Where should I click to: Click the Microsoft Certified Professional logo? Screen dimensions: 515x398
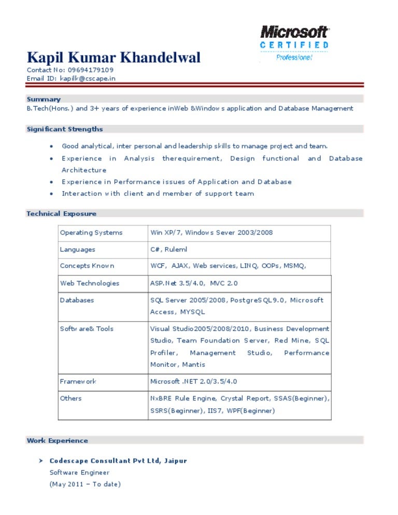click(x=294, y=44)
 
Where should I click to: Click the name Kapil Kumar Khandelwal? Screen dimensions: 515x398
click(x=113, y=58)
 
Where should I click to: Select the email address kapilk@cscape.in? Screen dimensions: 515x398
click(x=88, y=78)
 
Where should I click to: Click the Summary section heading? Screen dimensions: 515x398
click(x=44, y=99)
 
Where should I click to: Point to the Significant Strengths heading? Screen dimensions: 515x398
click(x=65, y=129)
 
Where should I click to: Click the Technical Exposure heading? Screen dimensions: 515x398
click(x=61, y=213)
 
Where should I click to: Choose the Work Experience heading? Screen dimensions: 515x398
click(x=57, y=440)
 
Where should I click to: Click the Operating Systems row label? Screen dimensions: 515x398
click(x=91, y=233)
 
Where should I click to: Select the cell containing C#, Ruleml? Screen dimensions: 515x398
click(x=168, y=249)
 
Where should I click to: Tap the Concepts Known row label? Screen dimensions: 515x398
click(x=87, y=266)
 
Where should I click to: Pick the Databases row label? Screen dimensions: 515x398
click(x=77, y=300)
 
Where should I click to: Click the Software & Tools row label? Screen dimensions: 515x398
click(x=87, y=328)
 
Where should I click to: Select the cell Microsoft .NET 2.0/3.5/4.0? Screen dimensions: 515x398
click(x=193, y=381)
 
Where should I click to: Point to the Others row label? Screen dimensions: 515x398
click(x=70, y=398)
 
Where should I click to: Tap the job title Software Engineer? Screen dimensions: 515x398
click(x=79, y=473)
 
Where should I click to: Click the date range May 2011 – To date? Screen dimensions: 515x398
click(x=85, y=484)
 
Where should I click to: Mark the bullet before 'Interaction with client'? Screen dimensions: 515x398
click(x=51, y=194)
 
